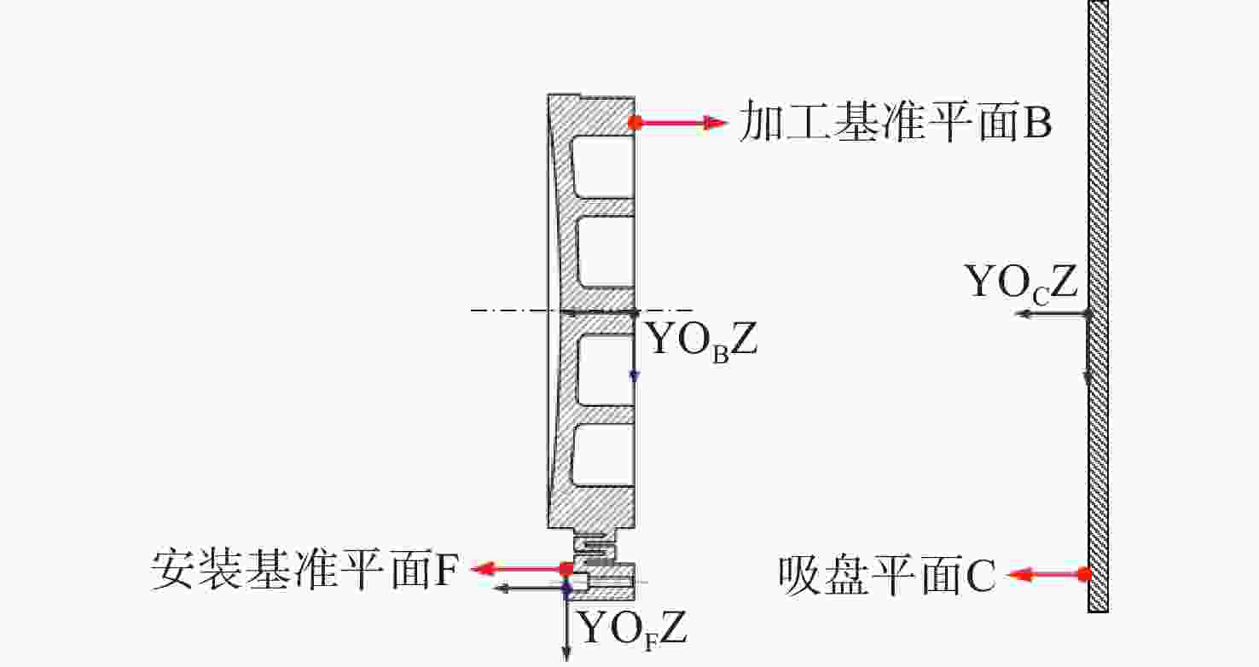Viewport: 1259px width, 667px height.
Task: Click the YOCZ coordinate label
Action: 1021,282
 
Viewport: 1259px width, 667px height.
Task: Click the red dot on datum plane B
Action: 635,123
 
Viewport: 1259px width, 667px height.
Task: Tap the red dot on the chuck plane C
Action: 1084,575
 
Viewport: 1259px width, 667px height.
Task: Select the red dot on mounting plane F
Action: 566,568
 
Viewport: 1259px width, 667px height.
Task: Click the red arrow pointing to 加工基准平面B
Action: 682,124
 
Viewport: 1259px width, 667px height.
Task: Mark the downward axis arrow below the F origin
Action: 566,631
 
